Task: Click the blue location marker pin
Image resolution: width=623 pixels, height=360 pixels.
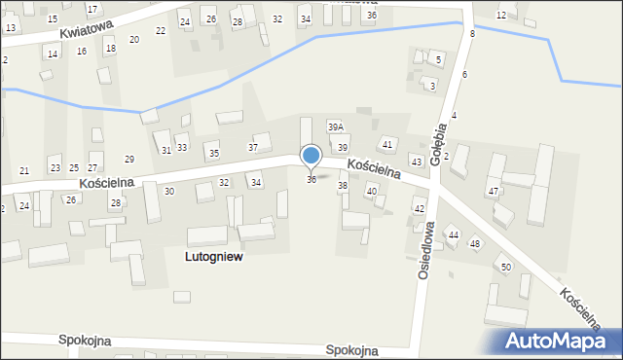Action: click(x=311, y=155)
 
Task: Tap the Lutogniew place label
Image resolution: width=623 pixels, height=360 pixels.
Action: click(x=213, y=257)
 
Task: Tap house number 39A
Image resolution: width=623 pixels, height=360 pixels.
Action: click(x=335, y=127)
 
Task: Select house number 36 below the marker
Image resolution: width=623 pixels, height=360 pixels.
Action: click(x=311, y=180)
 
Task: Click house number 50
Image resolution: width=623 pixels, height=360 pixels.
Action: click(x=505, y=267)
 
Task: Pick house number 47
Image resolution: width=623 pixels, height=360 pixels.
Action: click(x=494, y=191)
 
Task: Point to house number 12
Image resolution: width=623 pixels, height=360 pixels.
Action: click(x=500, y=16)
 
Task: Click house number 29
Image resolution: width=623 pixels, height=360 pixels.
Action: click(x=129, y=160)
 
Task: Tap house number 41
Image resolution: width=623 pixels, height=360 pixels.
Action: click(x=387, y=145)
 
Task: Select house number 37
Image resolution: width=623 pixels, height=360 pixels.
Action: click(x=253, y=148)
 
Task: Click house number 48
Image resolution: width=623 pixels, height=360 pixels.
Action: click(x=475, y=243)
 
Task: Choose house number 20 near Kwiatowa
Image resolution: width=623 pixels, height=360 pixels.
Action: click(x=134, y=40)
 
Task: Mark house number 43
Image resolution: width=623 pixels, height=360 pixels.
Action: click(x=416, y=162)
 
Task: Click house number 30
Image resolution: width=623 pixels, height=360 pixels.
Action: click(x=169, y=192)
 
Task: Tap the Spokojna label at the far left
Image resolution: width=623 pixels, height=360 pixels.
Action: click(x=85, y=342)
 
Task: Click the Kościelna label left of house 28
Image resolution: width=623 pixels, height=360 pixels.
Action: click(x=107, y=182)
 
